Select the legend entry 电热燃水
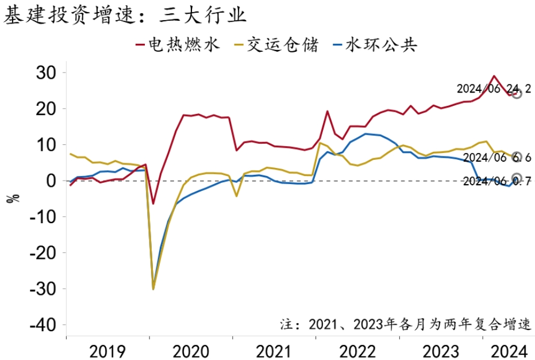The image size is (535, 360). pyautogui.click(x=178, y=45)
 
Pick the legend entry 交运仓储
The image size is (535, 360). pyautogui.click(x=276, y=45)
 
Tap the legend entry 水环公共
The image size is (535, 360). pyautogui.click(x=374, y=45)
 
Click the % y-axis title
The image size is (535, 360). pyautogui.click(x=13, y=198)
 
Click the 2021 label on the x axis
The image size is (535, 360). pyautogui.click(x=274, y=350)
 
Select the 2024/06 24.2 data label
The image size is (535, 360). pyautogui.click(x=494, y=89)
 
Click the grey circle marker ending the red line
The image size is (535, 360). pyautogui.click(x=517, y=93)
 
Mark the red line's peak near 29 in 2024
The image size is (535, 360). pyautogui.click(x=494, y=76)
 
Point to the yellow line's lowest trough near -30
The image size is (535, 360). pyautogui.click(x=153, y=289)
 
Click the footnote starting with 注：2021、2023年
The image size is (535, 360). pyautogui.click(x=406, y=324)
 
